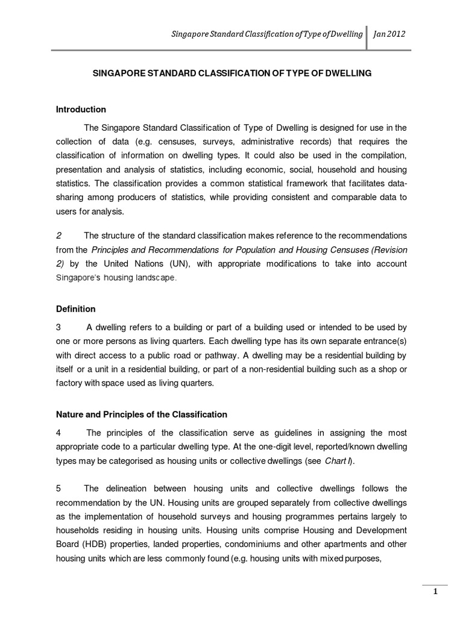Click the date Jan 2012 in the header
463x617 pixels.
(x=389, y=35)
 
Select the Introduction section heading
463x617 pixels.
(x=81, y=110)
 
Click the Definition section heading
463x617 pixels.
(x=76, y=309)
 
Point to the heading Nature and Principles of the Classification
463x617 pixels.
(x=142, y=415)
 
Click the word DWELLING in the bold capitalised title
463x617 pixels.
(x=348, y=73)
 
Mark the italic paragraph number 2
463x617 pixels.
(x=58, y=235)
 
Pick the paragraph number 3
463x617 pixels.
(x=58, y=327)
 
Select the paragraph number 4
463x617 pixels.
(x=58, y=433)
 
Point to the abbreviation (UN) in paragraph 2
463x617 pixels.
(x=173, y=264)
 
